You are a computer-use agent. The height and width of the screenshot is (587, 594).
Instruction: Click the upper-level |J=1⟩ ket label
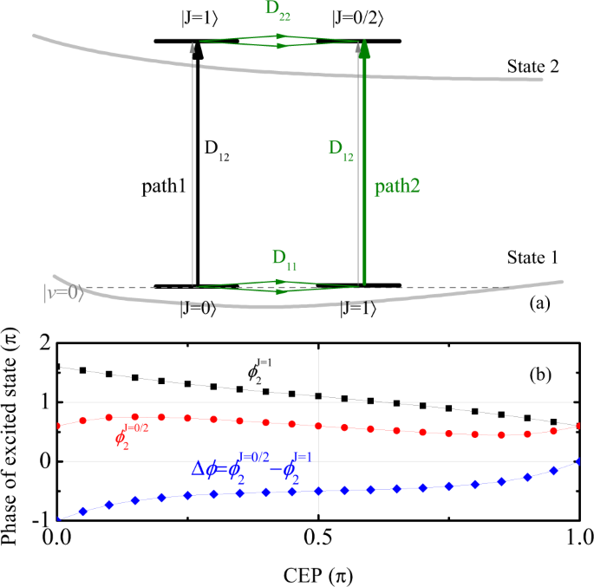pos(195,18)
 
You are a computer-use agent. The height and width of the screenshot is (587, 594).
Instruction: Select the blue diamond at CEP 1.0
pos(578,461)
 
